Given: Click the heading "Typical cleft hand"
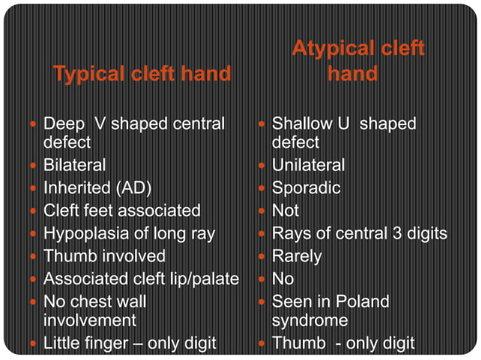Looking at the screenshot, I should click(142, 74).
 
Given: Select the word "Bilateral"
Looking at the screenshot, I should click(75, 164).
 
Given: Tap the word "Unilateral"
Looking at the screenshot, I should click(308, 164).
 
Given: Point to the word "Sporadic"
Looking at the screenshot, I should click(306, 188).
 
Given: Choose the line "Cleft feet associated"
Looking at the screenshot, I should click(122, 210).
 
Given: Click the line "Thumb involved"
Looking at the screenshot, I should click(104, 256).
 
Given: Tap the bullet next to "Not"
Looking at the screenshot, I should click(262, 211).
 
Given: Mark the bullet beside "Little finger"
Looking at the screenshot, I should click(34, 344).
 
